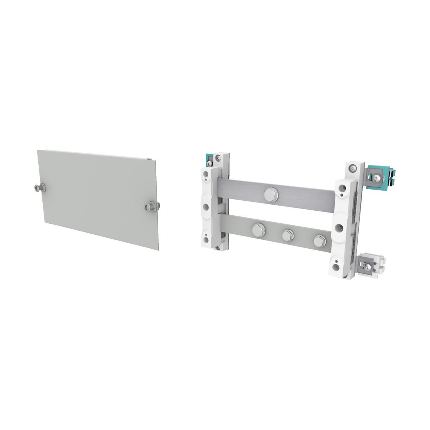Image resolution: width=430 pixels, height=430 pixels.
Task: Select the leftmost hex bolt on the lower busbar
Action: click(x=258, y=230)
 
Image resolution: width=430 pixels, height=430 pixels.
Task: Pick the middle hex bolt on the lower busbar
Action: click(x=287, y=235)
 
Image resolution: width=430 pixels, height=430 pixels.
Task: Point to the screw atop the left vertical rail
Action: click(x=218, y=157)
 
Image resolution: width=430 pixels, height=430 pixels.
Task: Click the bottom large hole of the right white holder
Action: click(x=337, y=265)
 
